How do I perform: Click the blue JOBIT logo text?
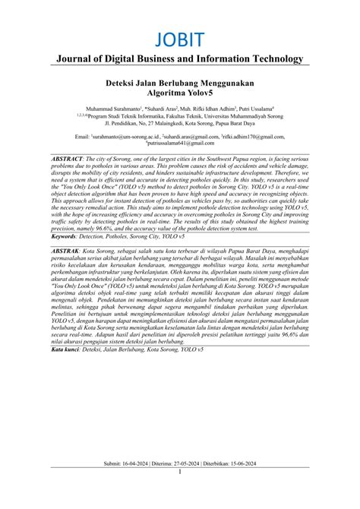179,39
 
